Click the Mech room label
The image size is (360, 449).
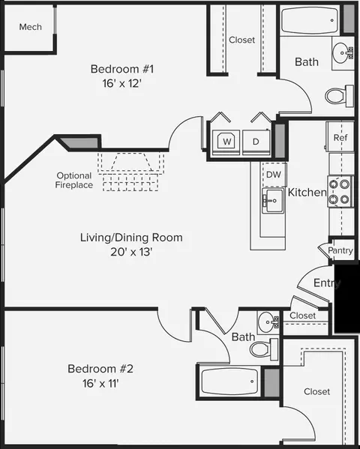(31, 27)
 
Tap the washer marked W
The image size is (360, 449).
(226, 142)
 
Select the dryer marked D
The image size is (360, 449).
(256, 142)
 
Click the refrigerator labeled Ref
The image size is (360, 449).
(340, 137)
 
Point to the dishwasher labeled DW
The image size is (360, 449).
(274, 175)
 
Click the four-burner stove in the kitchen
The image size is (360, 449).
(340, 191)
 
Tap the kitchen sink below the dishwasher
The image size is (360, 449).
(273, 200)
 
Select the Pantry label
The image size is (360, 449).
(340, 250)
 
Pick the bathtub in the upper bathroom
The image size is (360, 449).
(310, 20)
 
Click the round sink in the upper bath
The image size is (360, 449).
(343, 53)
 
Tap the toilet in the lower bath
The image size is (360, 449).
(264, 349)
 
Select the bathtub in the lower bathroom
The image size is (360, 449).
(229, 382)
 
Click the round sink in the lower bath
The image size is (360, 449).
(268, 322)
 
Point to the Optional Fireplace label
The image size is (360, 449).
(74, 180)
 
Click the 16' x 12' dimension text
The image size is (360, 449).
(122, 84)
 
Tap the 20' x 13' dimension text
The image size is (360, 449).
(131, 252)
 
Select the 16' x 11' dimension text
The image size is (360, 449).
(100, 383)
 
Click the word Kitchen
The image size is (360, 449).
(307, 192)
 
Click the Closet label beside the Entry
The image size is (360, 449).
(303, 316)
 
